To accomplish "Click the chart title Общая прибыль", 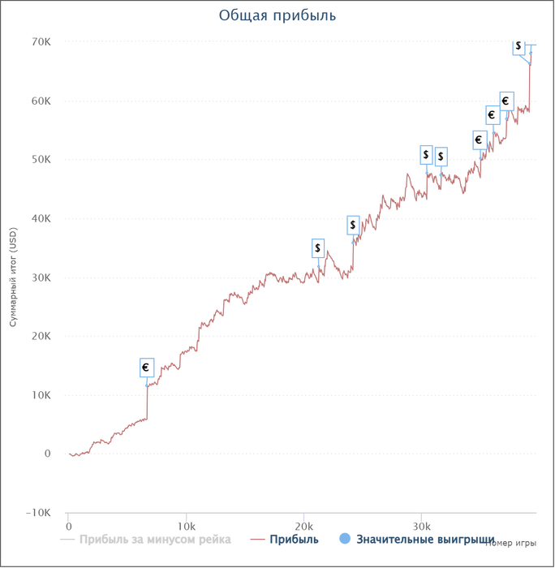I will (277, 15).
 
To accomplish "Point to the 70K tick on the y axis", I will (41, 41).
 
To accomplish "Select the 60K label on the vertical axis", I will (41, 101).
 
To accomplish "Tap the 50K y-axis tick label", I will (41, 160).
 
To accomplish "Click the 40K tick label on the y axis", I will (41, 218).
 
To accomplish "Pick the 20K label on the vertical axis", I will (41, 336).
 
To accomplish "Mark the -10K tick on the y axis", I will (39, 513).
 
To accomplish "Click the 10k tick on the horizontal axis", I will (187, 523).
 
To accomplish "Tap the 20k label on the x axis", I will (303, 523).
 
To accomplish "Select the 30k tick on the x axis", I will (420, 523).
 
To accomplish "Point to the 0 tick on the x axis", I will (68, 523).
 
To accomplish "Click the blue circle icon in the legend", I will (345, 539).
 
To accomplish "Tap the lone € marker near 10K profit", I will (146, 368).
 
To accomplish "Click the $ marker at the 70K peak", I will (519, 47).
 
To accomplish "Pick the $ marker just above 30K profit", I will (318, 247).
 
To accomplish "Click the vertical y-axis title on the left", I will (13, 277).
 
